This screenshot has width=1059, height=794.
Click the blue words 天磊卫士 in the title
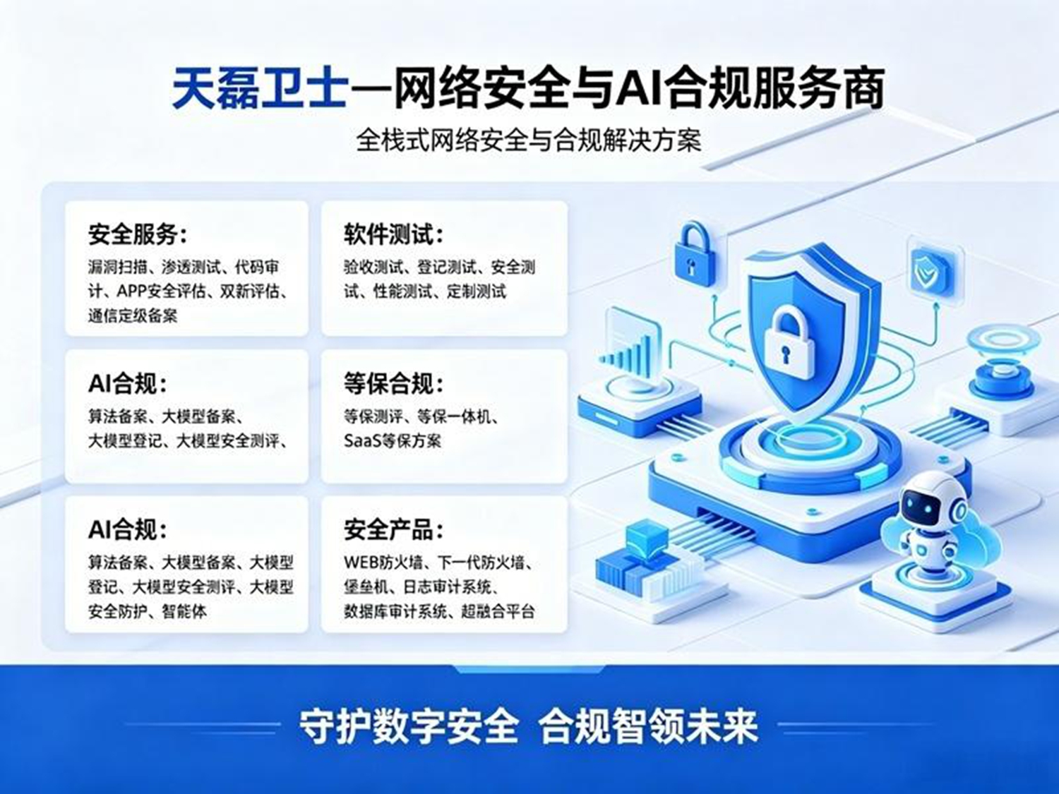tap(260, 89)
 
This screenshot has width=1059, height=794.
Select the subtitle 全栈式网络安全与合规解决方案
tap(529, 140)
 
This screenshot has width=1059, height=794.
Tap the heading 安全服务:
tap(138, 235)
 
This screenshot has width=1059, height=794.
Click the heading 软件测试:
tap(394, 235)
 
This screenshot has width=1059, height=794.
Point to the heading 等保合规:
tap(394, 384)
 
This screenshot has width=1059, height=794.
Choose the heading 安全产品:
tap(394, 530)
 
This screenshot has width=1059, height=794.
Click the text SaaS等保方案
tap(393, 440)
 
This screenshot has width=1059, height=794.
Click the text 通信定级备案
tap(133, 315)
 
